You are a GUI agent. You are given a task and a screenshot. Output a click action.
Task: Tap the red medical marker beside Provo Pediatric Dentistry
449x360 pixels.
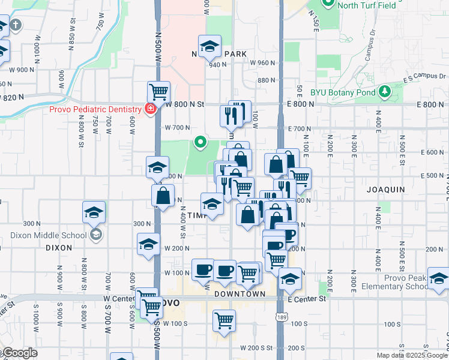[150, 109]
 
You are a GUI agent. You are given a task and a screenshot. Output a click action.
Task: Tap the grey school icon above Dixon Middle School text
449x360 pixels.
[95, 235]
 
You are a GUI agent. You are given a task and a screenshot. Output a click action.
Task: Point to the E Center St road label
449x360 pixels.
[307, 298]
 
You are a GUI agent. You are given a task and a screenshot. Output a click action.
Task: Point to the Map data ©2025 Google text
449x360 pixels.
[412, 355]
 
